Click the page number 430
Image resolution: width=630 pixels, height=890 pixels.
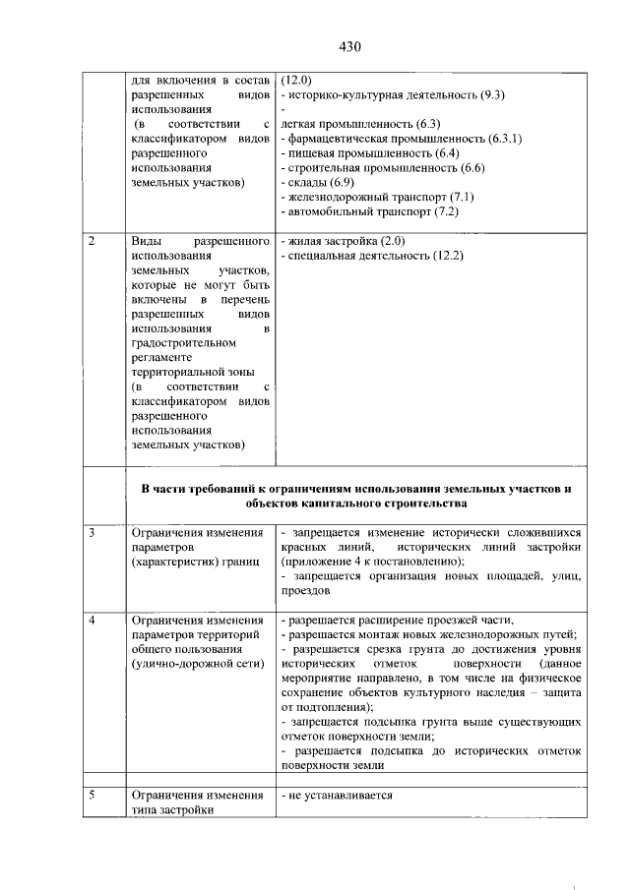click(352, 46)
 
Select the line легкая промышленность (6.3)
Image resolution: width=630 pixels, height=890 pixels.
click(359, 124)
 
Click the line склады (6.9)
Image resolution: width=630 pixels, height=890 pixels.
click(322, 183)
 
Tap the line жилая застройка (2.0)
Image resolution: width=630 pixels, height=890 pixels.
click(343, 241)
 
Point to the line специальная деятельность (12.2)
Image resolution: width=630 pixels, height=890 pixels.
click(372, 256)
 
